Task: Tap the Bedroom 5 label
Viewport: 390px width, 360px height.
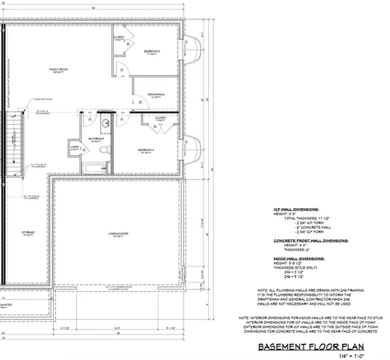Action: click(152, 52)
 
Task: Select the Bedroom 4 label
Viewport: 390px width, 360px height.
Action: click(145, 150)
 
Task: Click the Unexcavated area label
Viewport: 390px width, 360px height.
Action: click(122, 234)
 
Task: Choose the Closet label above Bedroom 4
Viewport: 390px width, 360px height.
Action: click(160, 118)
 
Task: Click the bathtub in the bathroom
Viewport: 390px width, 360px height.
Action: click(96, 167)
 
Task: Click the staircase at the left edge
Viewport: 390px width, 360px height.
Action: click(11, 148)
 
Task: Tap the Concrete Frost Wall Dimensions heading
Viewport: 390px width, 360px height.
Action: click(306, 239)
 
